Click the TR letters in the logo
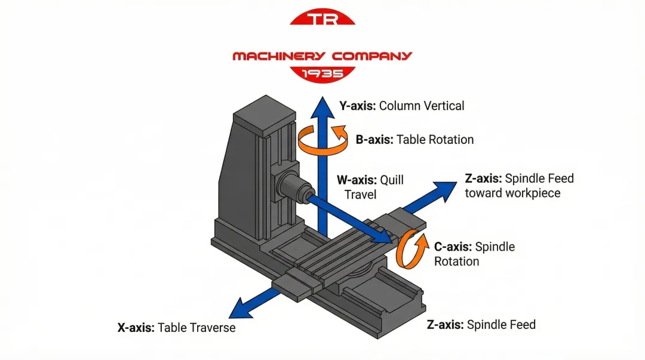322,19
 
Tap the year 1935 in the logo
322,73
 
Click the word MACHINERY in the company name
278,56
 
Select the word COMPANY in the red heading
372,56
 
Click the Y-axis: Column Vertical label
401,106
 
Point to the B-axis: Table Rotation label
414,140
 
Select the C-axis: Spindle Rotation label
474,254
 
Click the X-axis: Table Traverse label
176,328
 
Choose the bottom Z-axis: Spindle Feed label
481,325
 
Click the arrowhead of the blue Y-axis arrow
322,107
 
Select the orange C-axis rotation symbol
412,250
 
